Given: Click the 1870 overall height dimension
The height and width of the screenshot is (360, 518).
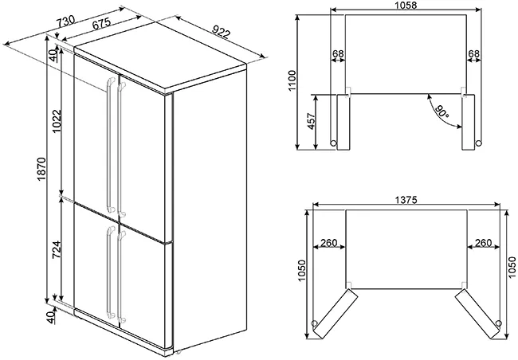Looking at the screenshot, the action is [x=42, y=169].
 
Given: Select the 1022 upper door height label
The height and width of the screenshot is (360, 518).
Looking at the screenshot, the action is [x=57, y=121].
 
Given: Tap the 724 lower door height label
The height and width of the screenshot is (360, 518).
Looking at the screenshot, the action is [x=57, y=249].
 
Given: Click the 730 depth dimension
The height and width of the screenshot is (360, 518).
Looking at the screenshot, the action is [x=65, y=22].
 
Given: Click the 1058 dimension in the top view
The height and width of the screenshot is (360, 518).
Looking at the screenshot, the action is [x=406, y=5].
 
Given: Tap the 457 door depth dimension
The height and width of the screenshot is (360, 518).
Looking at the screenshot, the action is [x=311, y=122].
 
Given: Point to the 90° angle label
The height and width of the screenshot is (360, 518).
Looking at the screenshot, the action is [x=442, y=112].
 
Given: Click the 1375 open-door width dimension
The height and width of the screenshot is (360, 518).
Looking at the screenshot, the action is [x=406, y=200].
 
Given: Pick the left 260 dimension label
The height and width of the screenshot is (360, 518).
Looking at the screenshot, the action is [x=329, y=243].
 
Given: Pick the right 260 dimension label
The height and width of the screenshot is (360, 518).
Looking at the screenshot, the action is [x=483, y=243].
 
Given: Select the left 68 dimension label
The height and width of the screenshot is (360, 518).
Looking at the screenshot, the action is [x=338, y=53].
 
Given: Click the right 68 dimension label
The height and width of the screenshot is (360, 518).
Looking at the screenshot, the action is [x=473, y=53].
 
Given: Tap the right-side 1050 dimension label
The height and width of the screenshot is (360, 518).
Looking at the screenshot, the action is [x=512, y=267].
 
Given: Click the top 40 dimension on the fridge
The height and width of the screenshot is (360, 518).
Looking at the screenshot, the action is [x=53, y=56].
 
